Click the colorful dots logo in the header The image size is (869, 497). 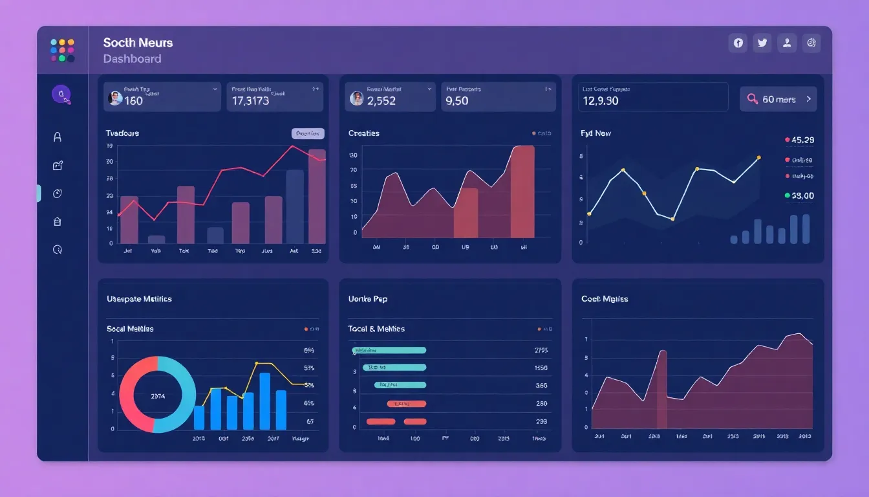62,50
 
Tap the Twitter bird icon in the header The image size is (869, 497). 762,43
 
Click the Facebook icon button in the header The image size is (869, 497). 738,43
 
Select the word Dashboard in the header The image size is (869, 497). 132,59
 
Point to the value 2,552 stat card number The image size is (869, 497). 381,101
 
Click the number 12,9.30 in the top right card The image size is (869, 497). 600,101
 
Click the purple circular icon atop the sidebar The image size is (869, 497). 61,94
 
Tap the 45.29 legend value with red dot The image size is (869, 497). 802,140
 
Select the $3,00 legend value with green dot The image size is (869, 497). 802,195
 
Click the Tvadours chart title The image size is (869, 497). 122,133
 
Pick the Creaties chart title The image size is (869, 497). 363,133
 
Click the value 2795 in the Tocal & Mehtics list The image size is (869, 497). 541,350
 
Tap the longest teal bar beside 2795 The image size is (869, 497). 389,350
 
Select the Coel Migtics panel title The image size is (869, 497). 604,299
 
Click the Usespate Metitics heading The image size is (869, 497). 139,299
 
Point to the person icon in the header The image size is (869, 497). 787,43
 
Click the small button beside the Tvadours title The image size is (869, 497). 308,133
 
